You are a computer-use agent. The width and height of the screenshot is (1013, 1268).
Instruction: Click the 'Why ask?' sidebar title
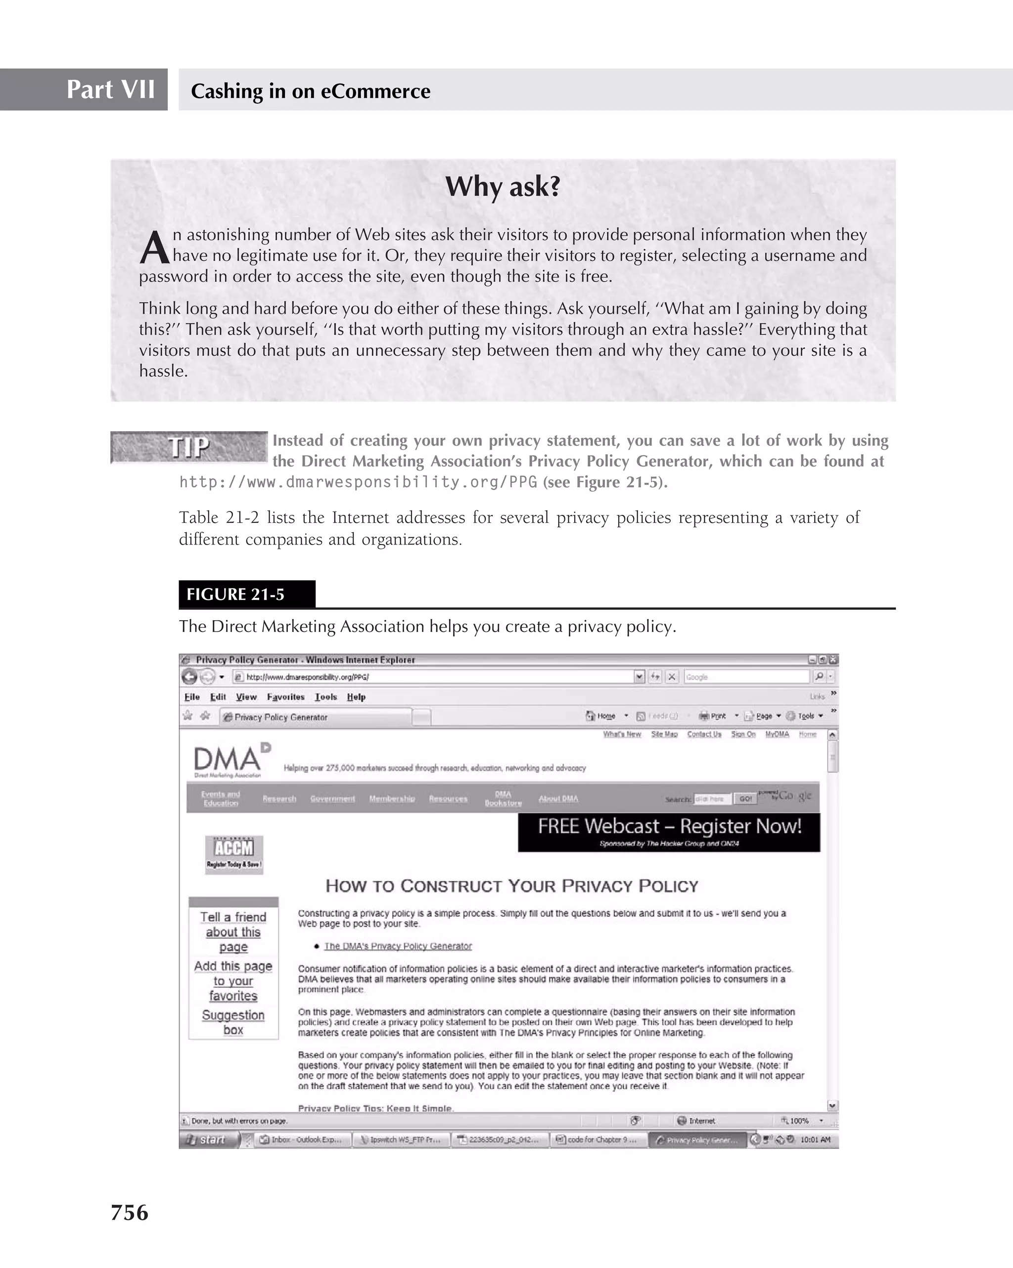pyautogui.click(x=503, y=187)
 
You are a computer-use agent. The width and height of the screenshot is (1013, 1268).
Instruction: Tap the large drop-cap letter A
pyautogui.click(x=154, y=248)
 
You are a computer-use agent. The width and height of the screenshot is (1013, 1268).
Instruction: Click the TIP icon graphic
pyautogui.click(x=188, y=447)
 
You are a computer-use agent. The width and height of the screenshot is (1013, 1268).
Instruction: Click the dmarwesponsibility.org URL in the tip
pyautogui.click(x=358, y=482)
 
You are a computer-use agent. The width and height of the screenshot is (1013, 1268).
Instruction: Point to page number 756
pyautogui.click(x=130, y=1213)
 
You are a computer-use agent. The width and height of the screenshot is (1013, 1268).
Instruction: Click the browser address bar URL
pyautogui.click(x=307, y=677)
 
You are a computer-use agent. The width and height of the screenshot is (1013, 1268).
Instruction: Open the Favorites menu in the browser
pyautogui.click(x=285, y=697)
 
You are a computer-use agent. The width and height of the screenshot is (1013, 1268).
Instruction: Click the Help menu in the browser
pyautogui.click(x=356, y=697)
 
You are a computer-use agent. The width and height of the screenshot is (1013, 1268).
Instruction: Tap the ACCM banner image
pyautogui.click(x=233, y=854)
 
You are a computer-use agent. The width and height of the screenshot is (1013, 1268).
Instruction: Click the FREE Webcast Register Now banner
pyautogui.click(x=669, y=832)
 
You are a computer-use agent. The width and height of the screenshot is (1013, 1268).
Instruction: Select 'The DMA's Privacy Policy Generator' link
pyautogui.click(x=398, y=946)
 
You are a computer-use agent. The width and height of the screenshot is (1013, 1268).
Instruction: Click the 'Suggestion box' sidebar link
pyautogui.click(x=233, y=1022)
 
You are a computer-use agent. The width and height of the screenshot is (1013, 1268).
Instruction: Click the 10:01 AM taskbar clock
pyautogui.click(x=815, y=1139)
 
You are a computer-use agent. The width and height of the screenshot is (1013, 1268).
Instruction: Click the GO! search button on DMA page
pyautogui.click(x=745, y=799)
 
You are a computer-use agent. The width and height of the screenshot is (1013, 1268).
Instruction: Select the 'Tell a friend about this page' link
pyautogui.click(x=233, y=931)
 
